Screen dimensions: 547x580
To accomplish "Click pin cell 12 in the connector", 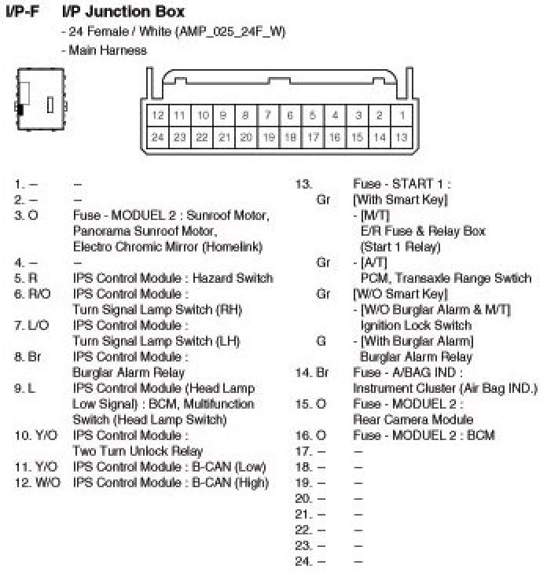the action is [x=158, y=116].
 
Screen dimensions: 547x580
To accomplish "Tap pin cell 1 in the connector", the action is [x=402, y=116].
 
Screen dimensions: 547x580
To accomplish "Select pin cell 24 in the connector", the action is [x=158, y=137].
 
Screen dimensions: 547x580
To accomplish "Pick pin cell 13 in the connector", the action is [x=402, y=137].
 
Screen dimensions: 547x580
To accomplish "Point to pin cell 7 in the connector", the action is [x=268, y=116].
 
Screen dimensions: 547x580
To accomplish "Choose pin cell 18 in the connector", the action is [x=290, y=137].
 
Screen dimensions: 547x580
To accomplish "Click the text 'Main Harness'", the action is [x=107, y=50].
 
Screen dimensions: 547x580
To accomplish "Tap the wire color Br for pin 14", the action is [x=321, y=373].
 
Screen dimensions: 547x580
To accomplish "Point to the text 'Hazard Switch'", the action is [x=233, y=278].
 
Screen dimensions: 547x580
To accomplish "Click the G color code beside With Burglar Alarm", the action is [x=321, y=341].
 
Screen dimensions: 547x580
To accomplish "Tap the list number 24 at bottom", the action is [x=303, y=561].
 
